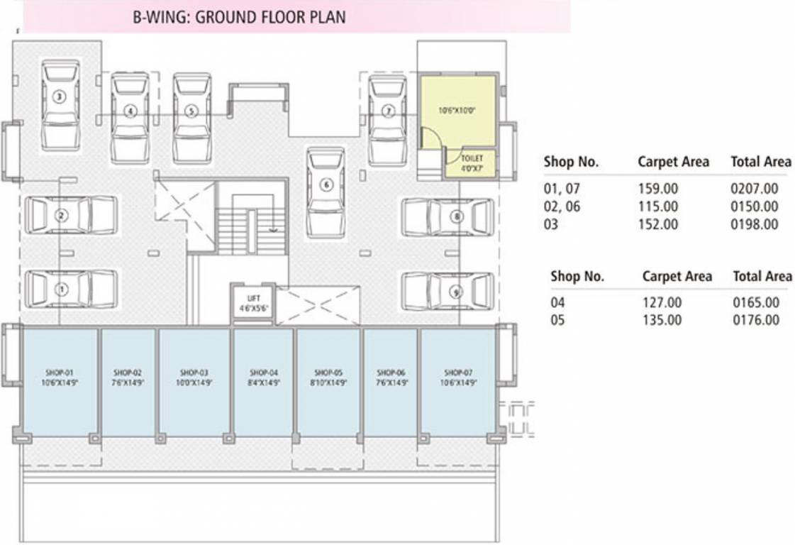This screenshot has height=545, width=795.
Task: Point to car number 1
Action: coord(70,289)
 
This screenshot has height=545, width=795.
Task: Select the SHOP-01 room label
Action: coord(60,372)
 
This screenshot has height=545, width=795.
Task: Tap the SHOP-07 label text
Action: coord(457,372)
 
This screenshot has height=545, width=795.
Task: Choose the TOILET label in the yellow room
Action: coord(472,157)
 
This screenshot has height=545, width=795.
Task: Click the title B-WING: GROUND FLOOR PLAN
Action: coord(239,17)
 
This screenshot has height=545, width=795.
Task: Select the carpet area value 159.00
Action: coord(658,189)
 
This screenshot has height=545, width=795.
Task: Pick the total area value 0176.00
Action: coord(756,320)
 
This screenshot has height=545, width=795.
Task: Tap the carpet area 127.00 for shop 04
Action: coord(662,303)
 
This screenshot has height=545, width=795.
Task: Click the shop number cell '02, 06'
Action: coord(562,207)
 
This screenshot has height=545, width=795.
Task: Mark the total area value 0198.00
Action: coord(755,224)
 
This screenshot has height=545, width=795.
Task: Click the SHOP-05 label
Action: coord(328,372)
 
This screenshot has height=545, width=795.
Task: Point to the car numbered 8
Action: coord(447,216)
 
